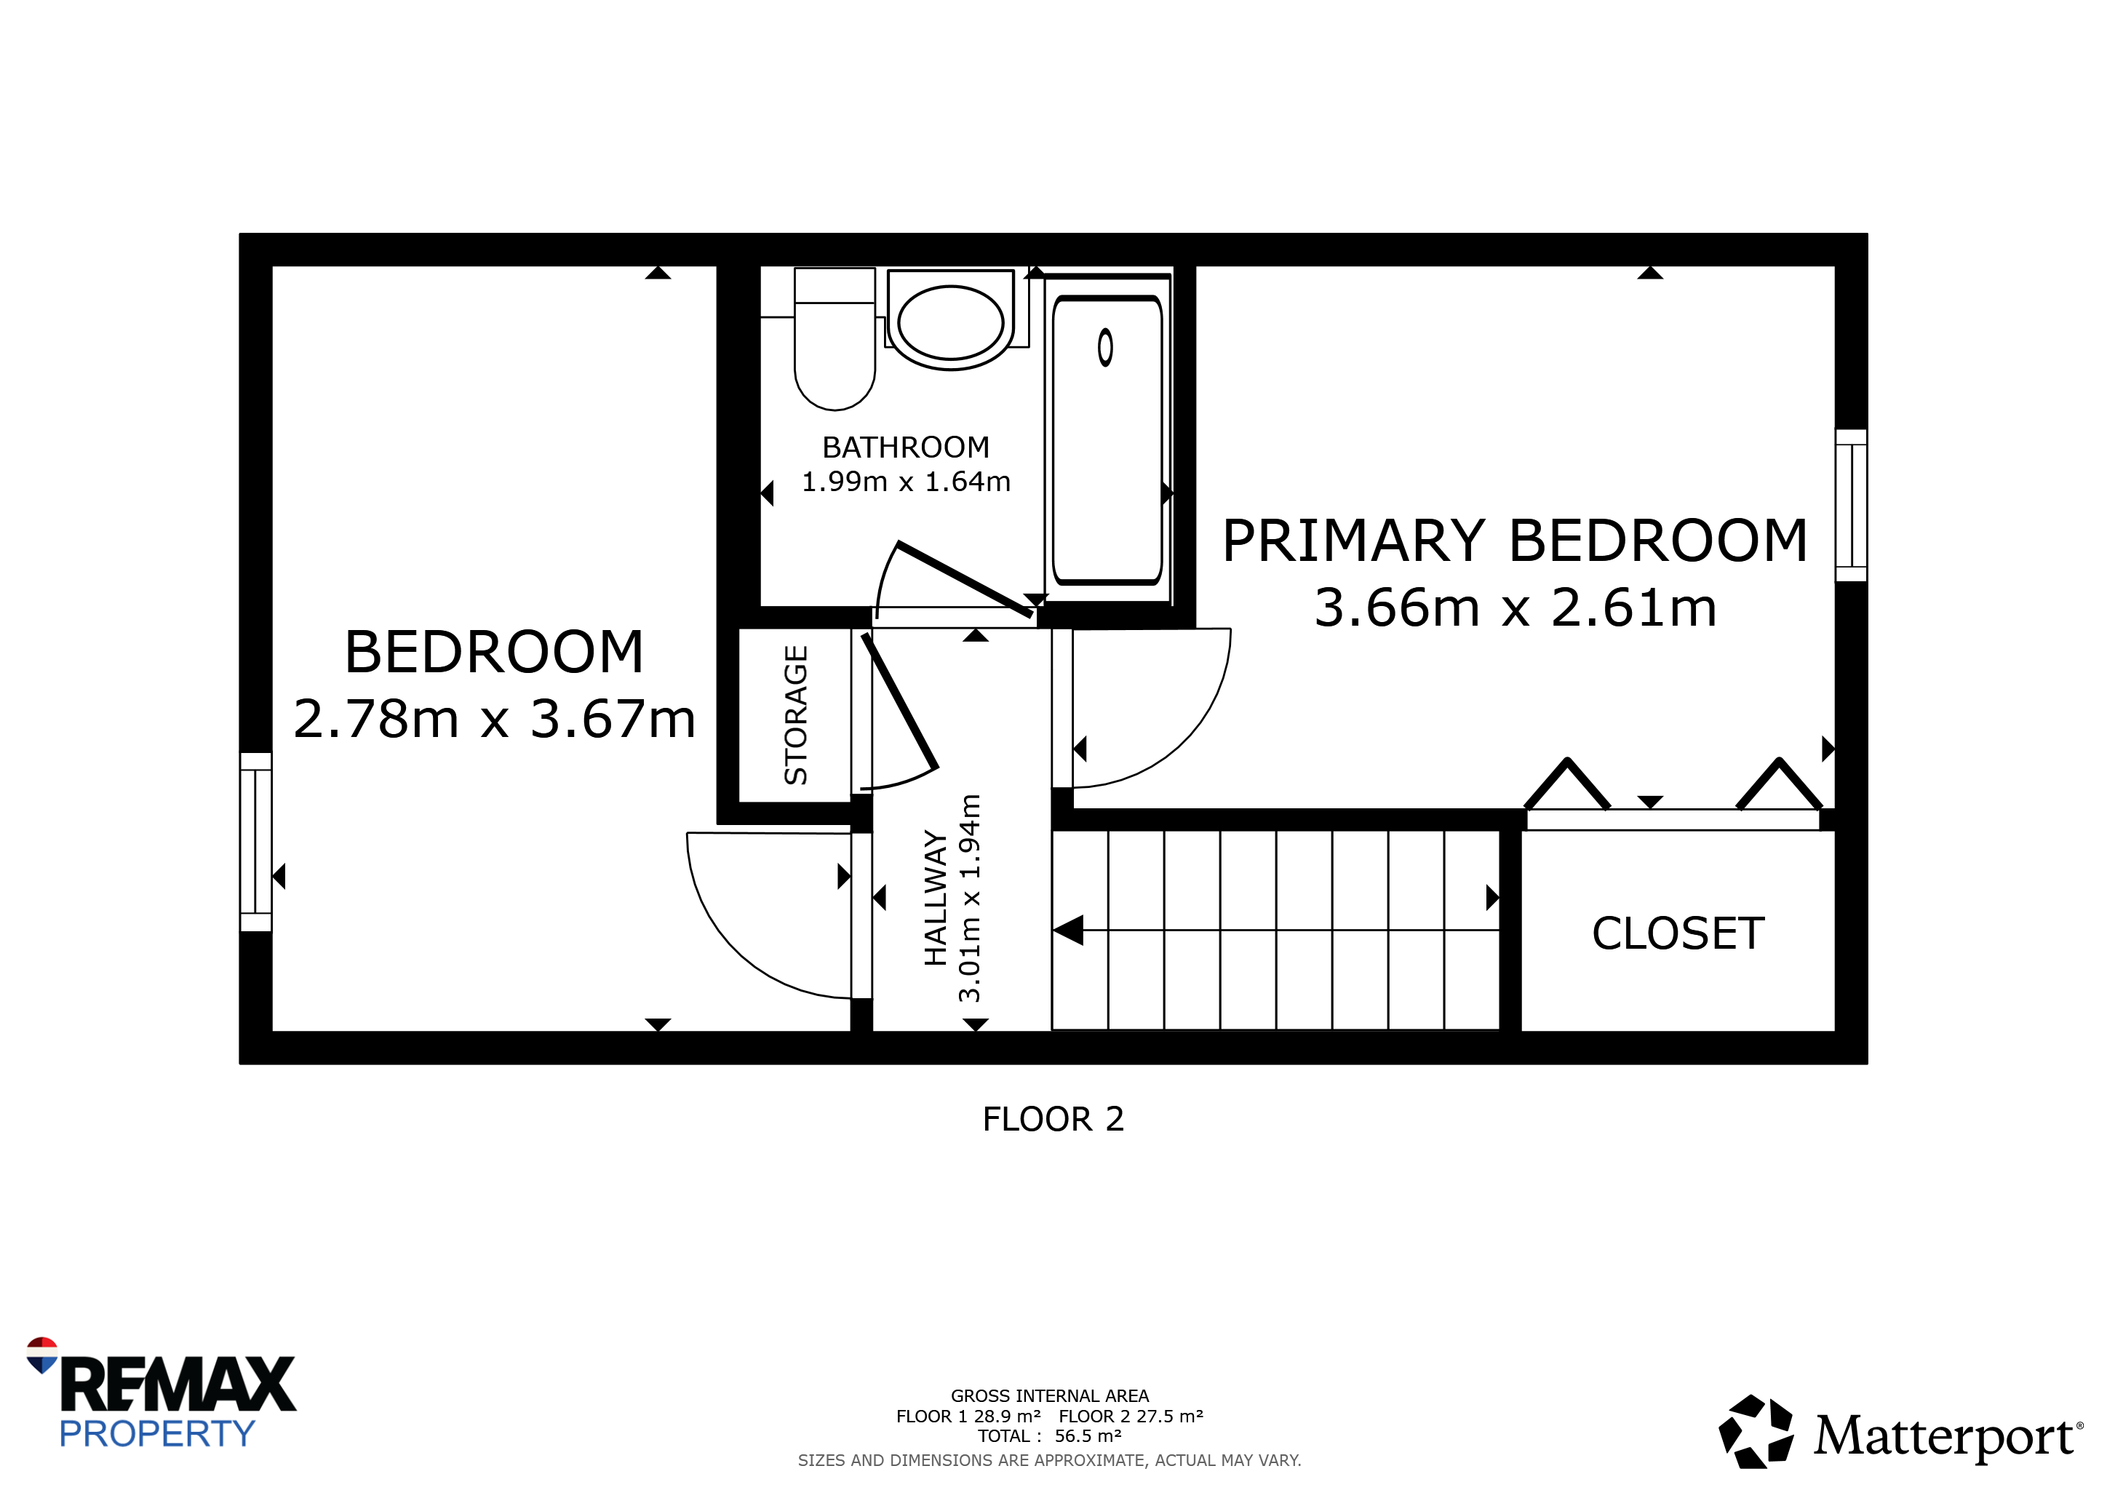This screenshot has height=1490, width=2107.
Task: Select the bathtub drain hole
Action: click(x=1106, y=348)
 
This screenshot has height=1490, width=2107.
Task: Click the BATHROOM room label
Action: click(x=906, y=447)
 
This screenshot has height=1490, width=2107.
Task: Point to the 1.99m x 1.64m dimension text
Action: click(x=906, y=482)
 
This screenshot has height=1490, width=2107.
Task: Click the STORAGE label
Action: click(x=796, y=714)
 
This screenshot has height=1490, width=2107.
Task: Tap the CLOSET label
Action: click(x=1678, y=934)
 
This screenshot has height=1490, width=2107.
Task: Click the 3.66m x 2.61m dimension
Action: click(x=1515, y=607)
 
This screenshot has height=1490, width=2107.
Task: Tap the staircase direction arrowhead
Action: click(x=1068, y=931)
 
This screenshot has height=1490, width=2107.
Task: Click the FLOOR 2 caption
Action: click(x=1053, y=1120)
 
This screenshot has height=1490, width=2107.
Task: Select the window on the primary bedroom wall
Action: click(x=1851, y=506)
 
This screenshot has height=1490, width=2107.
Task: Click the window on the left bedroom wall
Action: click(x=256, y=842)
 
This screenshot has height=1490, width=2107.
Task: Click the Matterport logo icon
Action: click(x=1756, y=1431)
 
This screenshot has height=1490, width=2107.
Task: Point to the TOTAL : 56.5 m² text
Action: click(x=1050, y=1436)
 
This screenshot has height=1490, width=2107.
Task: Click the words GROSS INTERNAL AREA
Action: click(x=1050, y=1395)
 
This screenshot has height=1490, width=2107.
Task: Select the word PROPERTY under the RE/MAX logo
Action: click(x=157, y=1433)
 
